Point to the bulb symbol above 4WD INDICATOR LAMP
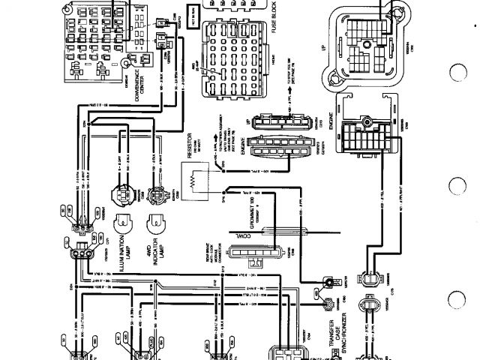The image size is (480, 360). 157,224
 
